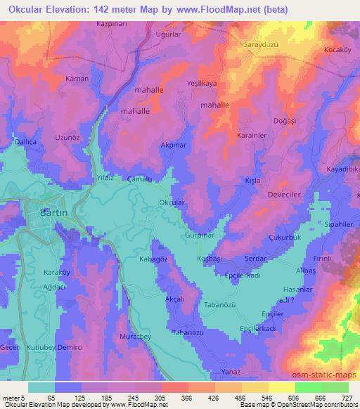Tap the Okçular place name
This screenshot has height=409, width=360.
[172, 203]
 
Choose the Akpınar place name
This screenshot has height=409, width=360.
[174, 145]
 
